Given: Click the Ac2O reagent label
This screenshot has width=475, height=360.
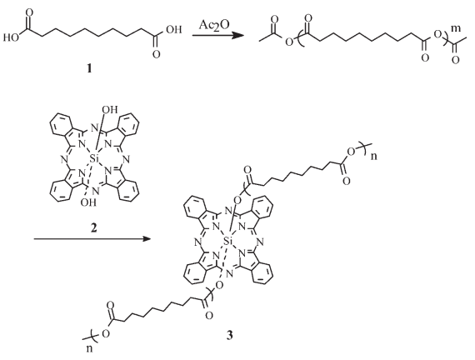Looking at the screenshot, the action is tap(214, 26).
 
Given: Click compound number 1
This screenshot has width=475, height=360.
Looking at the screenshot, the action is tap(89, 69).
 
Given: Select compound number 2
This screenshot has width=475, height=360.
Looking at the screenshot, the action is tap(94, 227).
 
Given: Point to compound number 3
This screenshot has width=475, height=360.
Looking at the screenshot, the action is tap(230, 335).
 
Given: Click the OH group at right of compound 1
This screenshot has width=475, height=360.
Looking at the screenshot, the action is tap(173, 30).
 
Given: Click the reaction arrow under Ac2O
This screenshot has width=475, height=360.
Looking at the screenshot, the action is tap(218, 36).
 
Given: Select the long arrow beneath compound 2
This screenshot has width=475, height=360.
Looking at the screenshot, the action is tap(92, 239).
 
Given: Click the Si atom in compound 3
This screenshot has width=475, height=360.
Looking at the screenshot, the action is tap(228, 241).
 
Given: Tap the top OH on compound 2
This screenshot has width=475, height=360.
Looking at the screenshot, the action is tap(109, 109).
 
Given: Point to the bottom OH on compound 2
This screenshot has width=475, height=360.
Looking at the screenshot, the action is tap(88, 202).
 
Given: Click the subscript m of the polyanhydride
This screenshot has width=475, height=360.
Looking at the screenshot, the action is tap(456, 28).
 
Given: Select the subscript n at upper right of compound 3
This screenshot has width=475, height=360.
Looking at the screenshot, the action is tap(374, 157).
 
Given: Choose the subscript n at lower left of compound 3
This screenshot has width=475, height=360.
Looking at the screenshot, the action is tap(89, 349).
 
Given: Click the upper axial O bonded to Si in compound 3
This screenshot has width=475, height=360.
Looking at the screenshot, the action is tap(237, 199).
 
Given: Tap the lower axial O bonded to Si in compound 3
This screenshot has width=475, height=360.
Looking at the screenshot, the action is tap(220, 285).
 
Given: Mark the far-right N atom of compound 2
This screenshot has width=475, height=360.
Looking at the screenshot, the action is tap(127, 159).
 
